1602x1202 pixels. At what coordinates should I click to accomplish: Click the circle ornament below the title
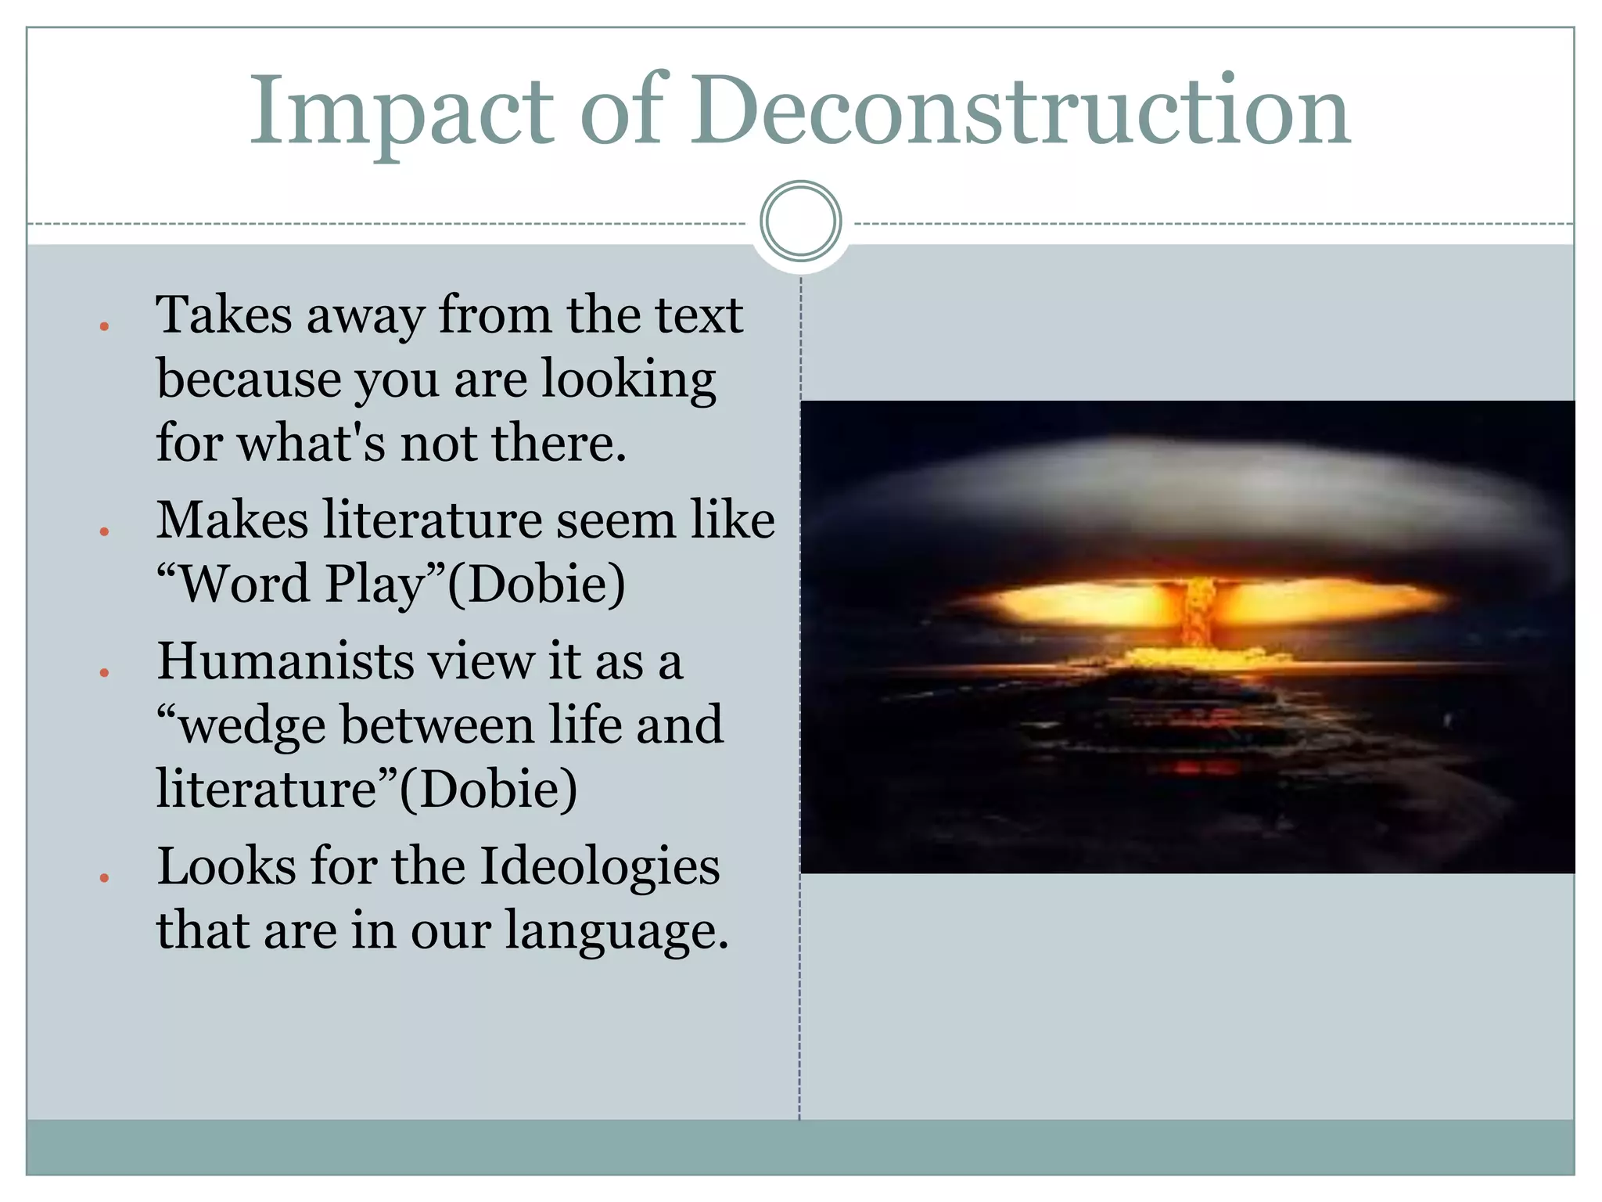tap(800, 221)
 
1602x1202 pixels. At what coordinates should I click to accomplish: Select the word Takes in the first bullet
tap(224, 315)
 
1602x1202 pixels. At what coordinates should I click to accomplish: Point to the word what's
tap(311, 443)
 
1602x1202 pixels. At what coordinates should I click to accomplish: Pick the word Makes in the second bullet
tap(232, 520)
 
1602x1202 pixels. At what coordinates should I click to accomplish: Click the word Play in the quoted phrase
tap(375, 585)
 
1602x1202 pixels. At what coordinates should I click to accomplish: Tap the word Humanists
tap(286, 661)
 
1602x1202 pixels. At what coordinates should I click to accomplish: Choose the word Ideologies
tap(599, 867)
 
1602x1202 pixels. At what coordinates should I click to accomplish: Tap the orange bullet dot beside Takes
tap(104, 326)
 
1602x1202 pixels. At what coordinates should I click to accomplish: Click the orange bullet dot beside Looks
tap(104, 878)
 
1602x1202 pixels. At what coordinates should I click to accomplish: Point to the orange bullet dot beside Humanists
tap(104, 672)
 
